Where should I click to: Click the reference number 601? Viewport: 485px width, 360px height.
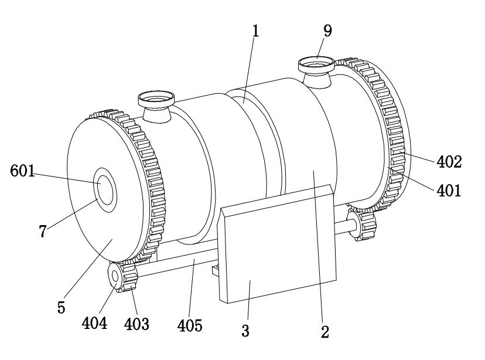point(23,171)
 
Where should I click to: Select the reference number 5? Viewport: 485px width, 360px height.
point(61,307)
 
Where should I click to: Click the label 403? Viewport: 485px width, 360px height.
point(136,322)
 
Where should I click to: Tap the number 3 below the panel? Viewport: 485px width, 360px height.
point(245,331)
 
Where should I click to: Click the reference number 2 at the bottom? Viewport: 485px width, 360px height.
point(324,332)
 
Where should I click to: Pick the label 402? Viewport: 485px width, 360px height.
point(450,162)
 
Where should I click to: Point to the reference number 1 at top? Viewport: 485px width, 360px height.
point(255,32)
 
